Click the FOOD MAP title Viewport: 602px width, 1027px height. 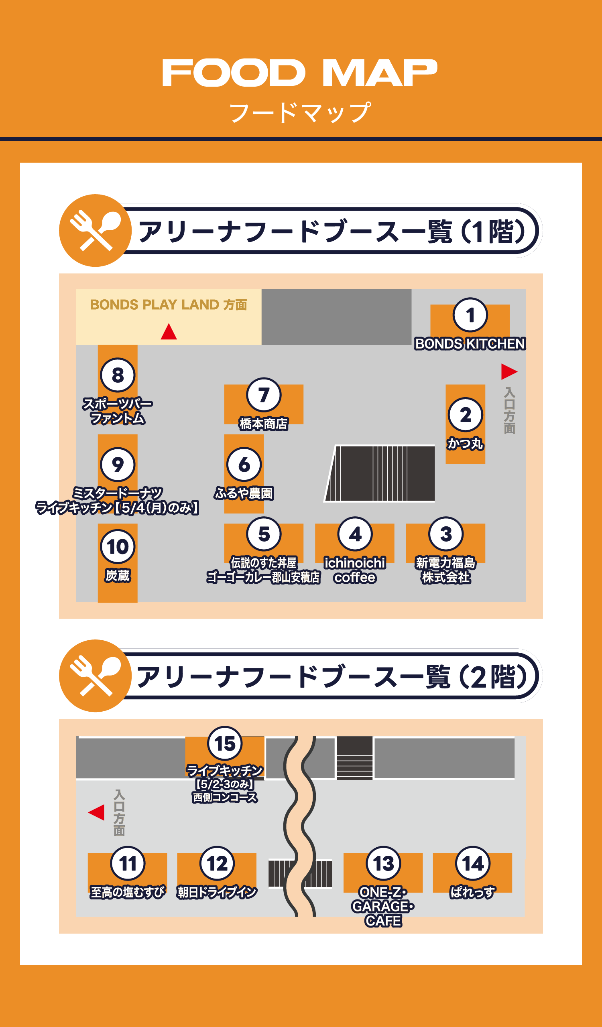click(300, 73)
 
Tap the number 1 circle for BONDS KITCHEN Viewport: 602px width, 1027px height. click(470, 315)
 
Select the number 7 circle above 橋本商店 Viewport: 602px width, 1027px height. click(264, 394)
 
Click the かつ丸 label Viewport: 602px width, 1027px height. click(465, 443)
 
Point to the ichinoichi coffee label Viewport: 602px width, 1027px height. click(355, 570)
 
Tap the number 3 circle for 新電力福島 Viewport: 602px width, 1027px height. click(446, 534)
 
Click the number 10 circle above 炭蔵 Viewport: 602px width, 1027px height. click(117, 546)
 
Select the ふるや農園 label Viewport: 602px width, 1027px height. click(244, 493)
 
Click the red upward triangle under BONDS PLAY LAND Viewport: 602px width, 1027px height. click(169, 332)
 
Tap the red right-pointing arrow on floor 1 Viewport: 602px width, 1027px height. click(508, 371)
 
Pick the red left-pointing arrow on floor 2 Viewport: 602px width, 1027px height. click(97, 812)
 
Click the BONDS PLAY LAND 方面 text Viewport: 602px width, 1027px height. click(168, 304)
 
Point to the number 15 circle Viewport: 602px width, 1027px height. click(225, 743)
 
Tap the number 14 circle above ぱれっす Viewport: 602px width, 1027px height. click(472, 863)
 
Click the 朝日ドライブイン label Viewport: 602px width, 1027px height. click(217, 892)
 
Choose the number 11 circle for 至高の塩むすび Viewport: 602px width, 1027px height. click(128, 863)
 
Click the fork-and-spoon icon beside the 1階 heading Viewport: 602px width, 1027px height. click(96, 231)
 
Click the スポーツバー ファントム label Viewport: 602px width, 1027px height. click(117, 411)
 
